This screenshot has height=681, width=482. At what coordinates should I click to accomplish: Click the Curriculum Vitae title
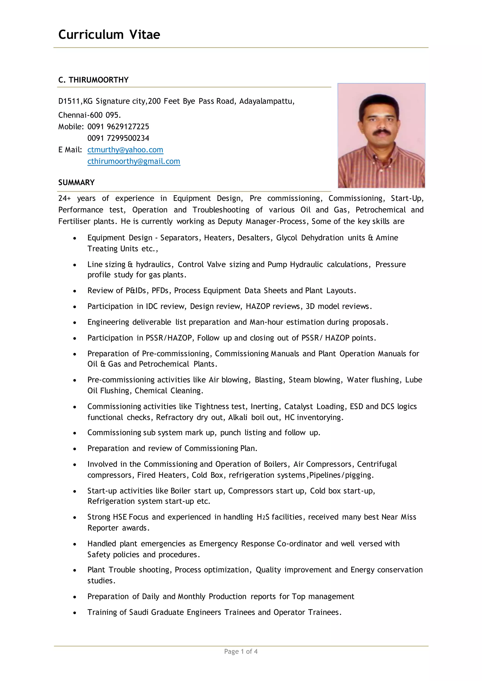(109, 35)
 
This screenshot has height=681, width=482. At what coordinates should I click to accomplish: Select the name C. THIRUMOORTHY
(93, 80)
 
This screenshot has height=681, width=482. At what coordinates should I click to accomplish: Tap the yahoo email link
(125, 150)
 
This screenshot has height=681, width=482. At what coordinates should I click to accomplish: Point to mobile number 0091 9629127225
(118, 127)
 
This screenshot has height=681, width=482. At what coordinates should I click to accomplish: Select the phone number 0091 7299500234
(118, 138)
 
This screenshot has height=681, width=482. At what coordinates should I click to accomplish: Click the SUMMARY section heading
(76, 182)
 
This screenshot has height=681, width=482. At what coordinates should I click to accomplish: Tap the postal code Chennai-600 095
(89, 115)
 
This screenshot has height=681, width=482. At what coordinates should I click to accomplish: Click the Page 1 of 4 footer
(241, 651)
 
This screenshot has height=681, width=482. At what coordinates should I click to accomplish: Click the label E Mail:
(70, 150)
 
